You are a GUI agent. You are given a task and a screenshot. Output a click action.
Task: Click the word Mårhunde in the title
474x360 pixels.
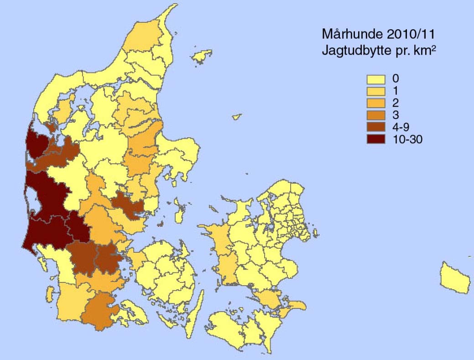349,34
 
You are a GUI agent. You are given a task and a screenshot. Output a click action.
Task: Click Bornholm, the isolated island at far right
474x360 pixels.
454,277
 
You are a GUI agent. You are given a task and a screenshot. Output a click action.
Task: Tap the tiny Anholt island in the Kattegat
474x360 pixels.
236,117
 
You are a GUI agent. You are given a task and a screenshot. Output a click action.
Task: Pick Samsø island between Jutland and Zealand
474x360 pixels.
179,213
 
